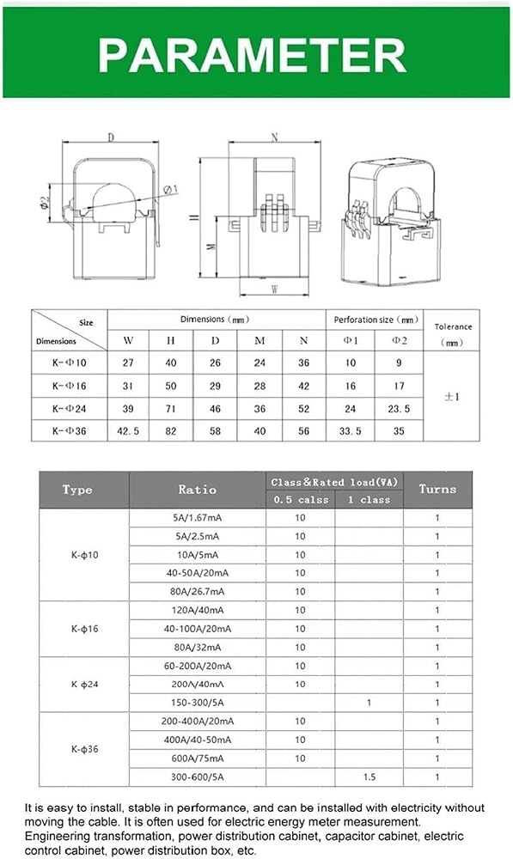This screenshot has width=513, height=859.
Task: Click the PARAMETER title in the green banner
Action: [252, 55]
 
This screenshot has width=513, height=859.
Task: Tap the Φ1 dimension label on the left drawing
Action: [170, 190]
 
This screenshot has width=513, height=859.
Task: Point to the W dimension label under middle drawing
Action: [275, 289]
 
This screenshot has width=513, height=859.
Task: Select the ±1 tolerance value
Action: [452, 397]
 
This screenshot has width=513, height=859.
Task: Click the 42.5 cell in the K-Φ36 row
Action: [128, 431]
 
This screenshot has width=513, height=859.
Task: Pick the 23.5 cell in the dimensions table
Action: [399, 409]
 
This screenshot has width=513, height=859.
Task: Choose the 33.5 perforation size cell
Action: [351, 431]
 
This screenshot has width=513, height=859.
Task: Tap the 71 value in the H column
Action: [171, 409]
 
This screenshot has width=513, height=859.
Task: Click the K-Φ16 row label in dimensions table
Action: [70, 386]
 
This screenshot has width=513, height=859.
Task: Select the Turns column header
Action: [437, 490]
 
